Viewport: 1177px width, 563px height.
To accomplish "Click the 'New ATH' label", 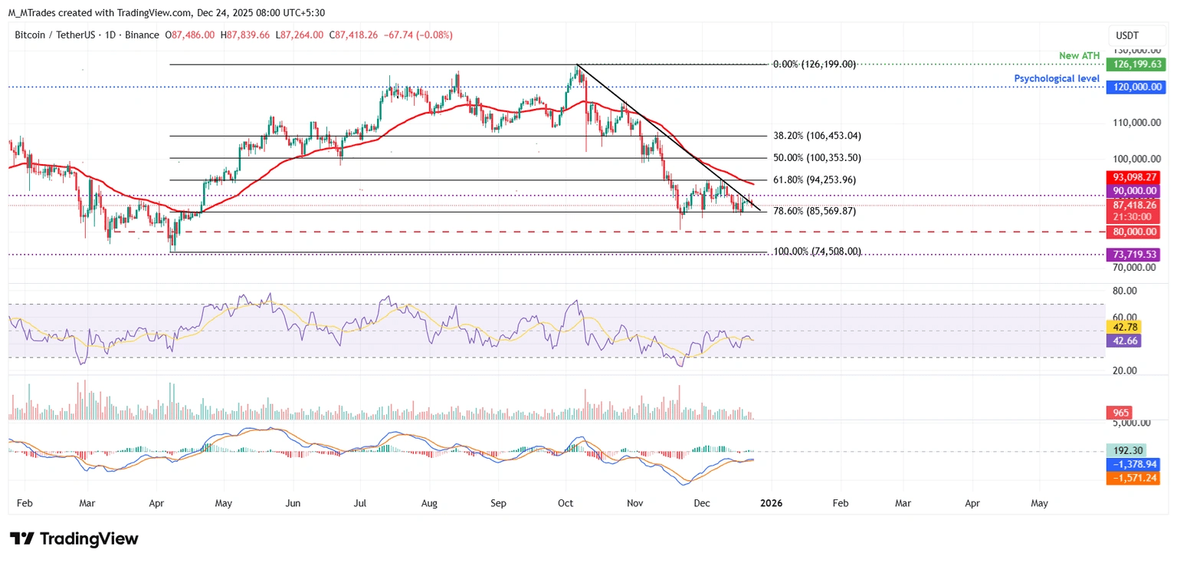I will coord(1079,57).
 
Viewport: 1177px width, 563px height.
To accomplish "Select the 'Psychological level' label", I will coord(1057,79).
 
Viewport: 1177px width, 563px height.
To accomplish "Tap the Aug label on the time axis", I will coord(429,503).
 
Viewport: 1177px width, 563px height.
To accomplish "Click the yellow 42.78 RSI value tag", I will coord(1123,327).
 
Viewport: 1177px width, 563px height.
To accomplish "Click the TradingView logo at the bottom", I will coord(74,538).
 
